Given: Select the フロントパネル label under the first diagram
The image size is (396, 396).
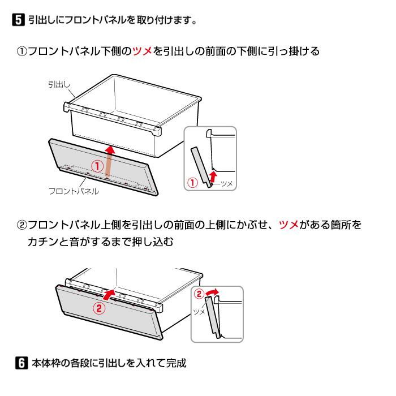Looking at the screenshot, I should pyautogui.click(x=74, y=192).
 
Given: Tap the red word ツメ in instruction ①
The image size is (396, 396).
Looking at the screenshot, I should pyautogui.click(x=143, y=51).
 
